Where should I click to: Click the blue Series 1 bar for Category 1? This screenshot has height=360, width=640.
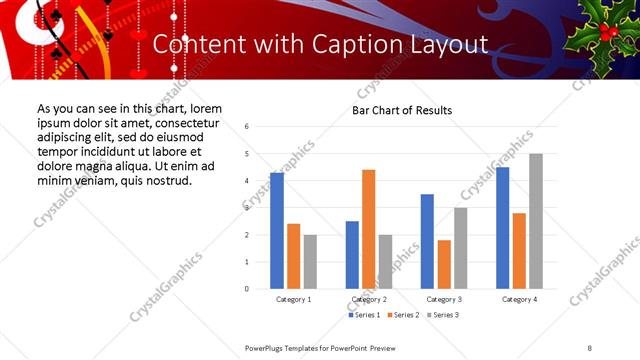pyautogui.click(x=277, y=231)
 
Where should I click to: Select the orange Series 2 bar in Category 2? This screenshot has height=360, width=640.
pyautogui.click(x=369, y=229)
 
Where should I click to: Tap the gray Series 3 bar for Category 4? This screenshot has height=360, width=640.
pyautogui.click(x=536, y=221)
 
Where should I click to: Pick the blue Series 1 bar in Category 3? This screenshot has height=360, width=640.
pyautogui.click(x=427, y=241)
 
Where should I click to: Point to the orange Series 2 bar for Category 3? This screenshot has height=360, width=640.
pyautogui.click(x=444, y=264)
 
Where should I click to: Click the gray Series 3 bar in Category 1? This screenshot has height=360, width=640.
pyautogui.click(x=310, y=261)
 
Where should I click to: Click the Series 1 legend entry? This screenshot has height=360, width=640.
pyautogui.click(x=364, y=315)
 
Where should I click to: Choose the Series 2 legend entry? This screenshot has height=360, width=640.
pyautogui.click(x=402, y=315)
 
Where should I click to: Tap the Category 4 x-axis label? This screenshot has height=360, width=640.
pyautogui.click(x=519, y=299)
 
